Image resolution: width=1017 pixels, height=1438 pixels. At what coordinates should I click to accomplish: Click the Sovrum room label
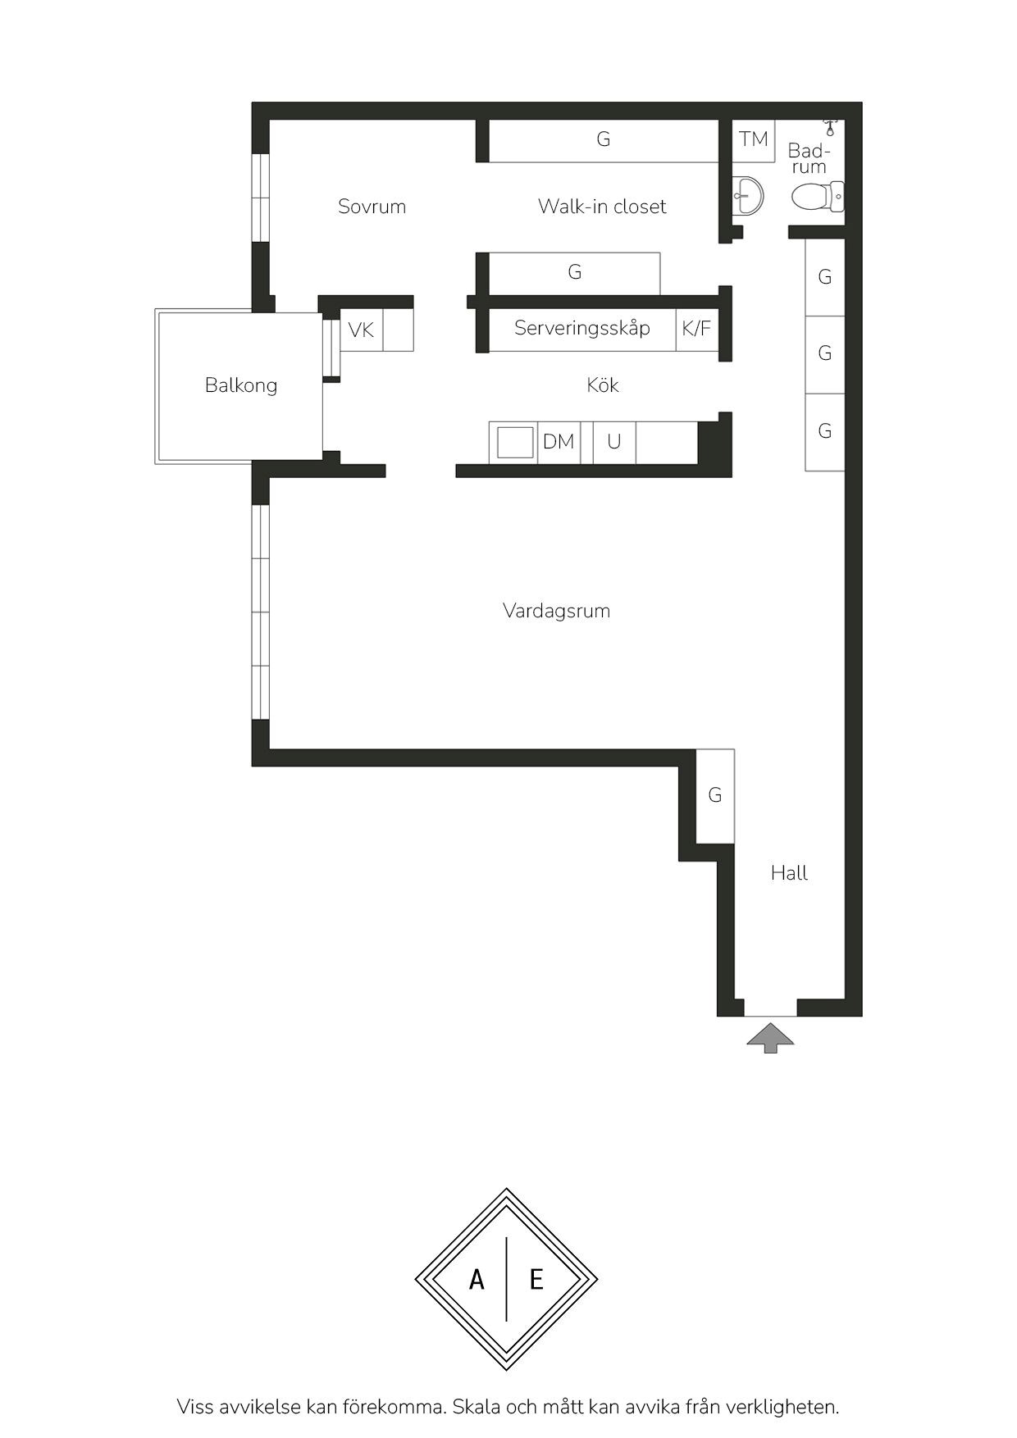pyautogui.click(x=372, y=207)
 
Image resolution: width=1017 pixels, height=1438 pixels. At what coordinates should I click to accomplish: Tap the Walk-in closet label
pyautogui.click(x=602, y=207)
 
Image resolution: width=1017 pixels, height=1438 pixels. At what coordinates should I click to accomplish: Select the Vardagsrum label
pyautogui.click(x=556, y=612)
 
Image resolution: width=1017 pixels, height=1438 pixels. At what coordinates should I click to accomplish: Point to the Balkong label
pyautogui.click(x=241, y=385)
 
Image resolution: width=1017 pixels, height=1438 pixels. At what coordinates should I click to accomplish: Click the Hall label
pyautogui.click(x=789, y=873)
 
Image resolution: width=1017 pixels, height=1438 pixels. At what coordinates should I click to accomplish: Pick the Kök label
pyautogui.click(x=603, y=385)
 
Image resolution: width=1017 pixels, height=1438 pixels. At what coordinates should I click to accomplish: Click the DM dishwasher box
pyautogui.click(x=559, y=443)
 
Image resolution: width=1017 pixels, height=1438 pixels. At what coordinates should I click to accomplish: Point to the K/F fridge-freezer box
pyautogui.click(x=697, y=330)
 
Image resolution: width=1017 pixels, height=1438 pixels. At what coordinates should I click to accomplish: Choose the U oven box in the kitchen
pyautogui.click(x=614, y=443)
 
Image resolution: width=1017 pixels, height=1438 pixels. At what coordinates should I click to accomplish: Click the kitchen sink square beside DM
pyautogui.click(x=514, y=443)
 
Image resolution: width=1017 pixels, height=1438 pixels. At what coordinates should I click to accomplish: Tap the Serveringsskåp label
pyautogui.click(x=582, y=329)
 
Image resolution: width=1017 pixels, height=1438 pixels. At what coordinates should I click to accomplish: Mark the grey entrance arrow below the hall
pyautogui.click(x=770, y=1038)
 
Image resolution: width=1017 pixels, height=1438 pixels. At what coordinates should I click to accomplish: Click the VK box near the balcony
pyautogui.click(x=362, y=330)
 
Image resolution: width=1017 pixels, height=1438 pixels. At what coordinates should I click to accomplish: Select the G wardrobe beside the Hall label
pyautogui.click(x=715, y=795)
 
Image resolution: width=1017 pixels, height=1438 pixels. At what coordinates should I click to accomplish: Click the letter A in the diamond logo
pyautogui.click(x=477, y=1279)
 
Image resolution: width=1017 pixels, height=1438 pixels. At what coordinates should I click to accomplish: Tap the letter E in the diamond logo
pyautogui.click(x=536, y=1279)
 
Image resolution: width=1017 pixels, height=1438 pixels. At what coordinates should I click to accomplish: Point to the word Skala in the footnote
pyautogui.click(x=476, y=1407)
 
